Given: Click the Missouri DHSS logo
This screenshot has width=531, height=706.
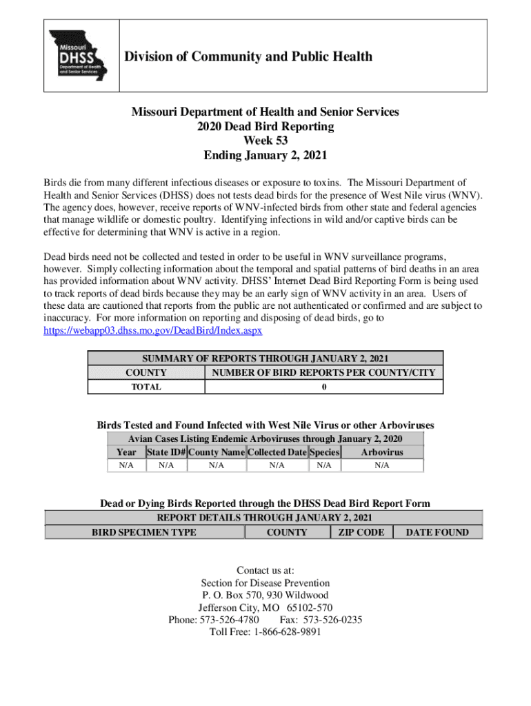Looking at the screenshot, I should pos(81,55).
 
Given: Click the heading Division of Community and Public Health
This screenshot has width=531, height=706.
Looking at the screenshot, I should pos(248,57).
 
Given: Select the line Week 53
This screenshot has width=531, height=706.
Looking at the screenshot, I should pos(265,141).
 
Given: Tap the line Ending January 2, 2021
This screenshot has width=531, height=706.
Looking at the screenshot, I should pos(265,155).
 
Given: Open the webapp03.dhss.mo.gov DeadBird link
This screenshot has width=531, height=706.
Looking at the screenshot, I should pos(152,330).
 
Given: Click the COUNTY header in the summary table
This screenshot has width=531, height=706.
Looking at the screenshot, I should pos(146,373).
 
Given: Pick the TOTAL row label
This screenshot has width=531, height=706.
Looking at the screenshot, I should pos(146,387).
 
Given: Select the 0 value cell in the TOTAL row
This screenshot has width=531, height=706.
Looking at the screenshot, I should pos(324,387).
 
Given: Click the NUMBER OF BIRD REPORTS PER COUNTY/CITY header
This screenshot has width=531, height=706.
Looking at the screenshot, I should pos(324,373).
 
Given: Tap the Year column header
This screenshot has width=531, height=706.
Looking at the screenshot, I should pos(126,452).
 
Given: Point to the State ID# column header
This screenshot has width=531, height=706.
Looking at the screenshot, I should pos(166,452).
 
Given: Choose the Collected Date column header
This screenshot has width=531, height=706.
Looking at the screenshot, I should pos(277,452).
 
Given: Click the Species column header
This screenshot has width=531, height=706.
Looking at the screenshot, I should pos(324,452).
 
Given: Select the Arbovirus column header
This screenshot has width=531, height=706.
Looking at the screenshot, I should pos(382,452).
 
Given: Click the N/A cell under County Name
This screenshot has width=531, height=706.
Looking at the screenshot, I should pos(217,466).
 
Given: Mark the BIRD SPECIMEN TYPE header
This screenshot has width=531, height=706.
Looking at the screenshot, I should pos(144,532).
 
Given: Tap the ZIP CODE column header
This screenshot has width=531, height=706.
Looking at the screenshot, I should pos(362,532).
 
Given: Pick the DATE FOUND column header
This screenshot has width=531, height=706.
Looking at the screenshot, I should pos(437,532).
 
